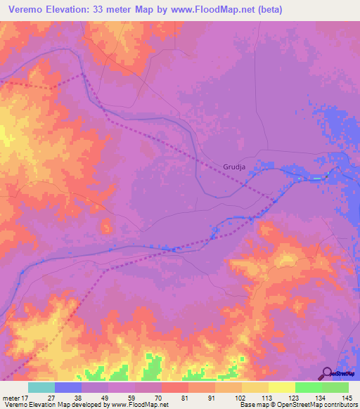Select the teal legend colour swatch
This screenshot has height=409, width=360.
click(x=41, y=387)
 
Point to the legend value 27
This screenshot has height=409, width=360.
click(x=51, y=397)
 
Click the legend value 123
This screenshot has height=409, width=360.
click(x=293, y=397)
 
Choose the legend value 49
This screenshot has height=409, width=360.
click(x=105, y=397)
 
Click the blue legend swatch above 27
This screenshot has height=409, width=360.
click(x=68, y=387)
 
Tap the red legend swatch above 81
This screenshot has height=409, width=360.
click(x=175, y=387)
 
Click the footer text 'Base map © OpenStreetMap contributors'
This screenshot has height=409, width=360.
click(x=297, y=405)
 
